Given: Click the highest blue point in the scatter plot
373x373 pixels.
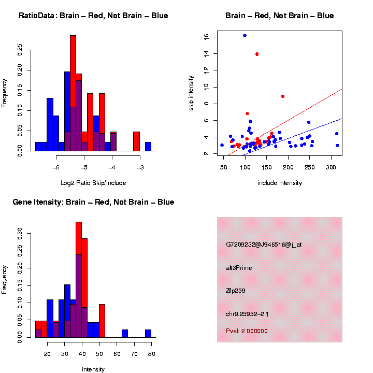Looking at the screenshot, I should (x=245, y=35).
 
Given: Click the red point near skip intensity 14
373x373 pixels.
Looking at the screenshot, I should (x=257, y=54).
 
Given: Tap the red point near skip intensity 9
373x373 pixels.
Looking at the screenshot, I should (x=282, y=96).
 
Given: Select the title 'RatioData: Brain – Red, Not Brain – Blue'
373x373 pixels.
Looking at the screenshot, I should (x=93, y=16).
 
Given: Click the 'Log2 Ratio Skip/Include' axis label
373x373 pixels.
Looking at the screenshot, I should (x=93, y=183).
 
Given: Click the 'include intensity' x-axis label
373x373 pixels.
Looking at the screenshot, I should (x=280, y=183).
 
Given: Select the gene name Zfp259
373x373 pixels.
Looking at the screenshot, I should (x=236, y=291).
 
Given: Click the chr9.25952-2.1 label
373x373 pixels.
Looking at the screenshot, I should (x=247, y=314).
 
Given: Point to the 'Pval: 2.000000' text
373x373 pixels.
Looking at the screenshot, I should (x=247, y=331).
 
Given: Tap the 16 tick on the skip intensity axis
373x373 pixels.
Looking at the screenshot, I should (x=206, y=37).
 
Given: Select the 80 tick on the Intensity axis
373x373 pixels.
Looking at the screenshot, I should (x=152, y=354).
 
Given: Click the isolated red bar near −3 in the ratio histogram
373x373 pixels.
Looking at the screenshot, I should (x=137, y=141).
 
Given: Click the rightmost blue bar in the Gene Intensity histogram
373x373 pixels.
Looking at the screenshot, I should (x=148, y=334).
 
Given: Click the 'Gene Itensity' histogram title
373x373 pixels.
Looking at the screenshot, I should (x=93, y=202).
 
